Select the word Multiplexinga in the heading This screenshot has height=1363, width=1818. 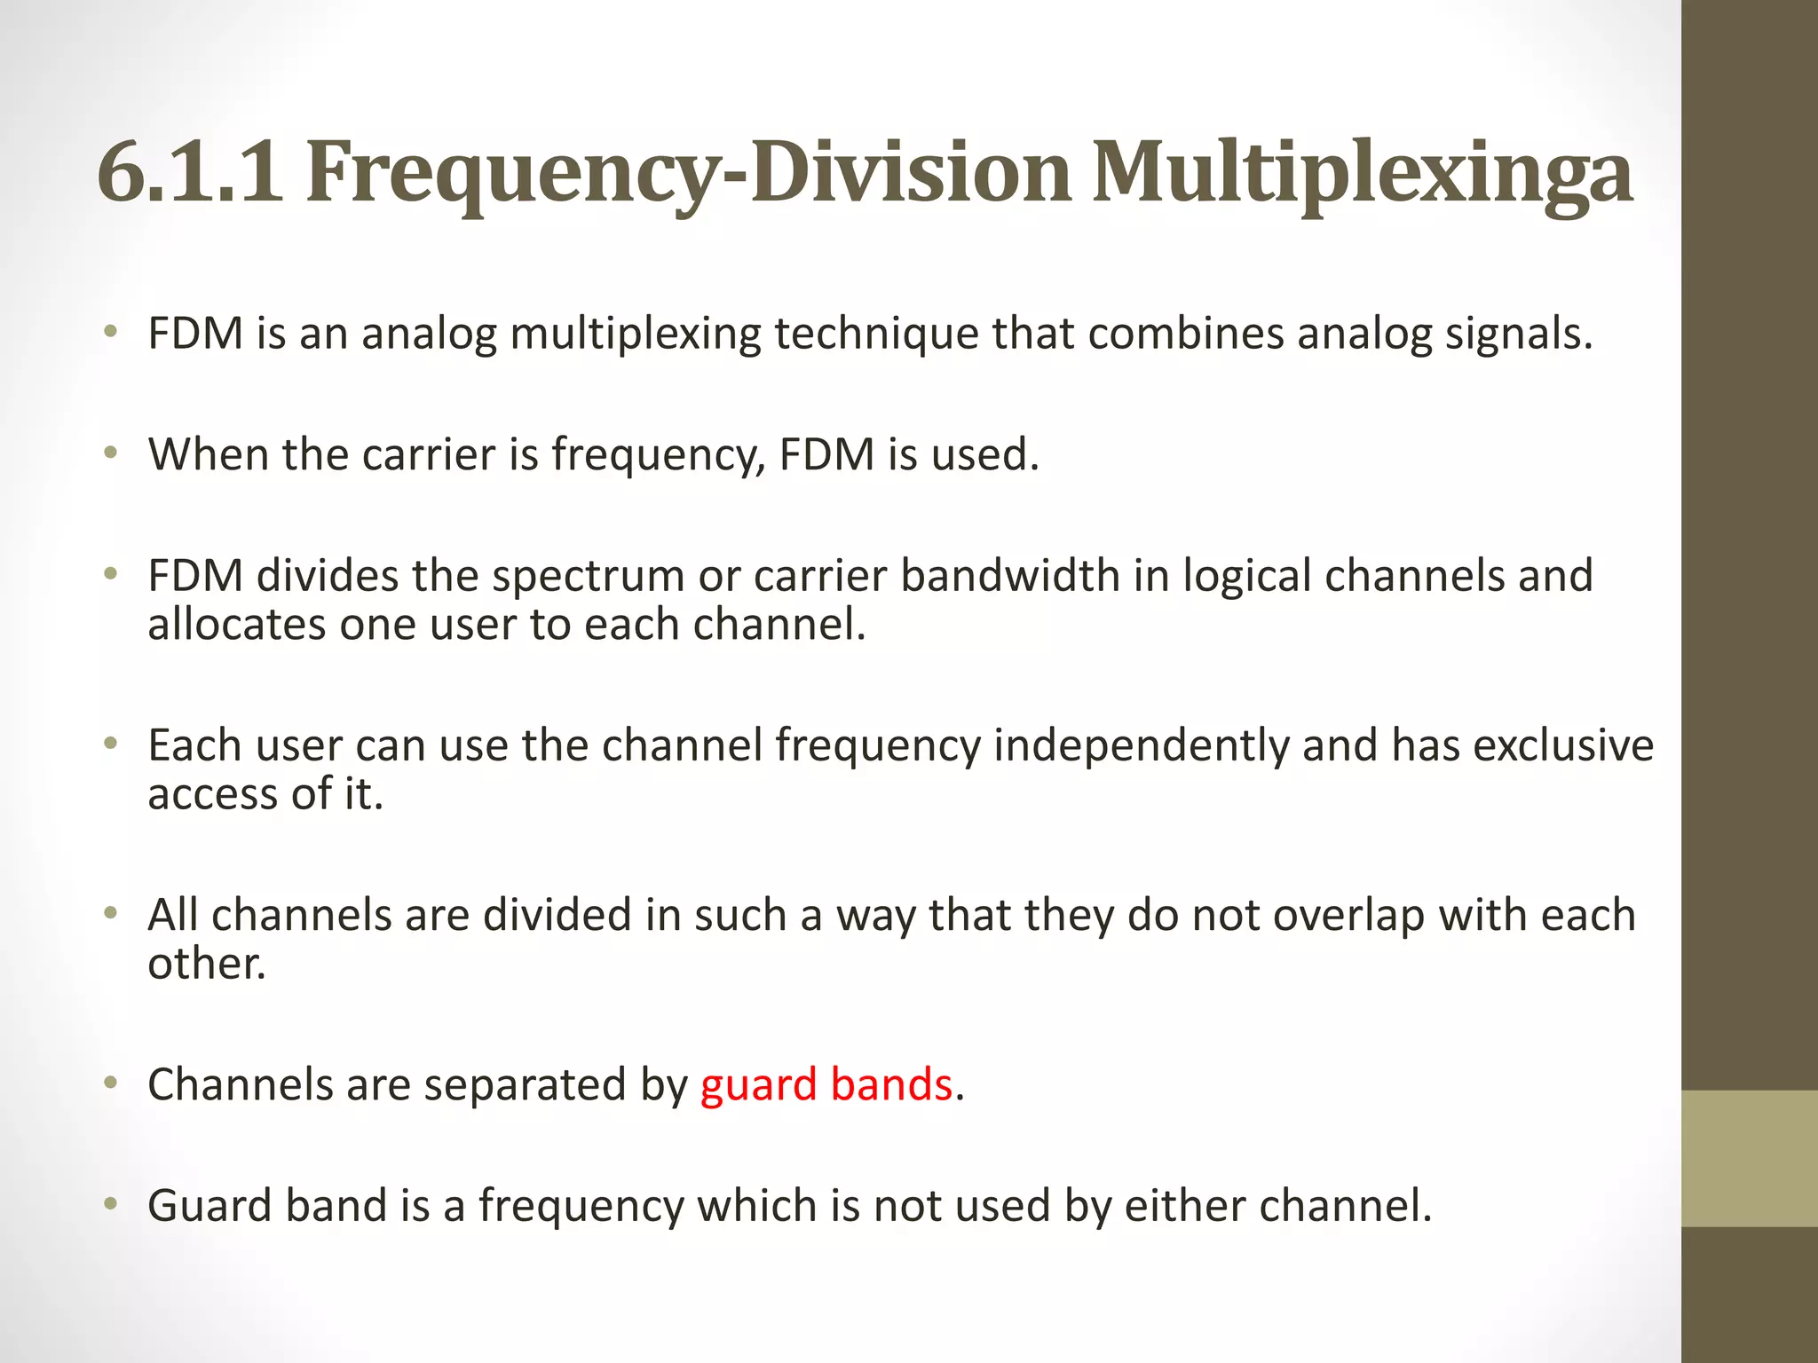(1362, 173)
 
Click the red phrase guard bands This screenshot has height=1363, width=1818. (826, 1084)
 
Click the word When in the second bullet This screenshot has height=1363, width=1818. (208, 454)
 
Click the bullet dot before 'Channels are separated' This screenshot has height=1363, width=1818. (110, 1083)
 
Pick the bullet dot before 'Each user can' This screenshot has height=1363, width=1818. (110, 744)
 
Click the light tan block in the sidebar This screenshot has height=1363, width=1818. (1749, 1158)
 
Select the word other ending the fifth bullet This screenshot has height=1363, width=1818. (206, 964)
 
